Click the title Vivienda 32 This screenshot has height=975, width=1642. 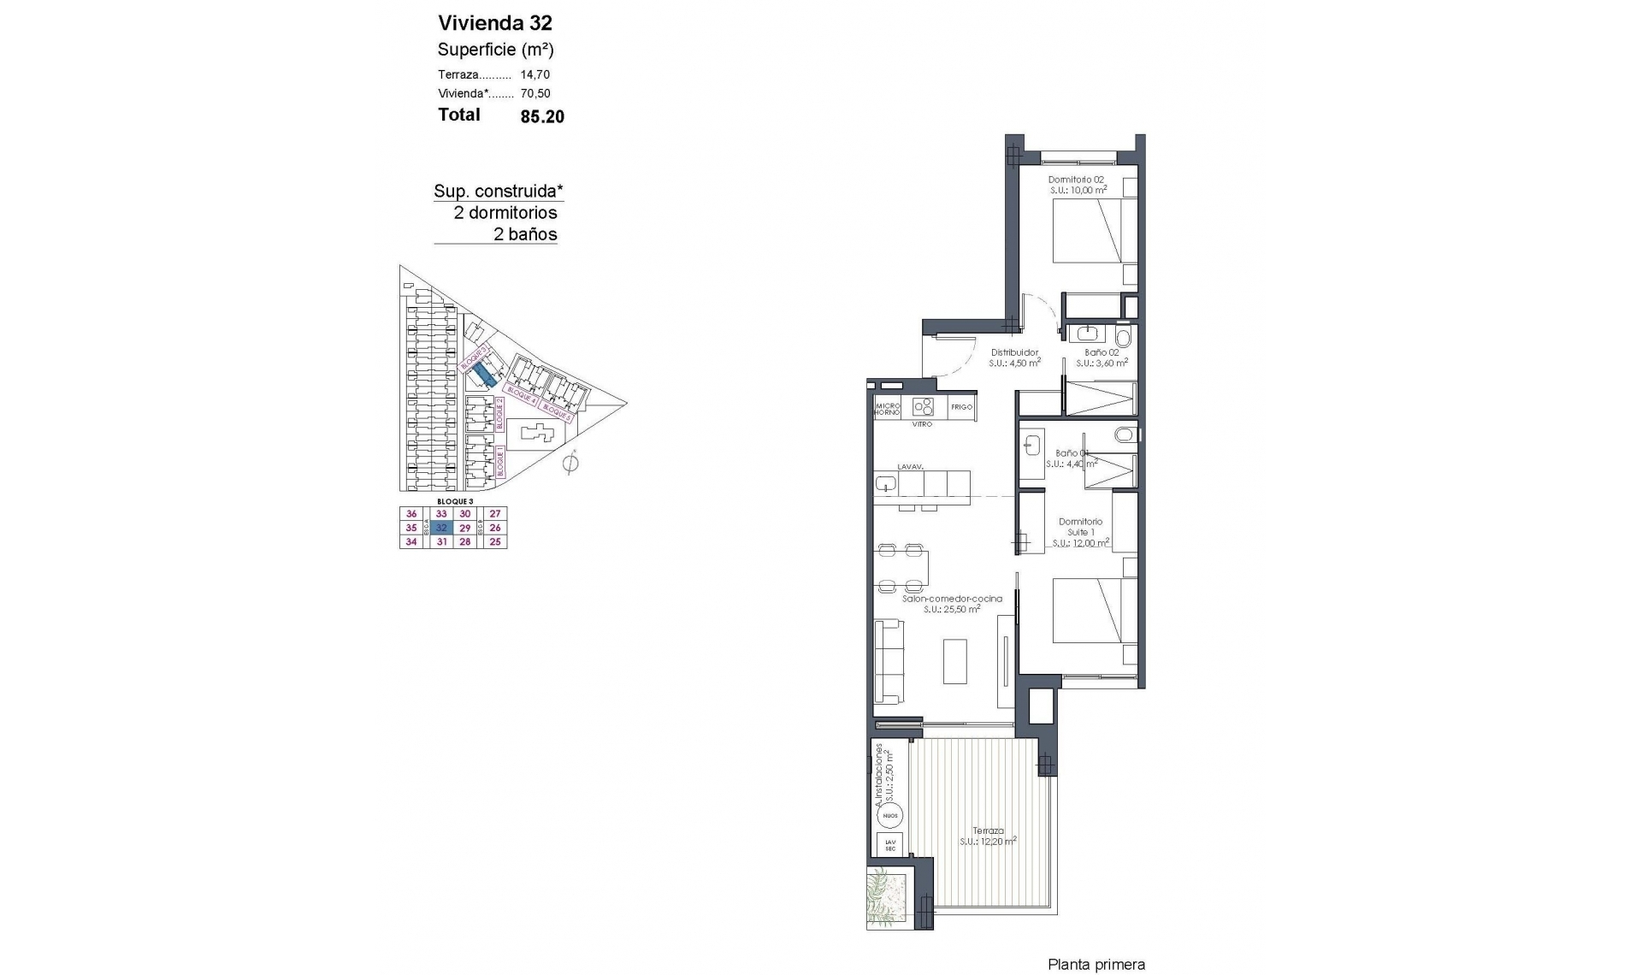coord(495,23)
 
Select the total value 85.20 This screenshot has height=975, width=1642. coord(542,116)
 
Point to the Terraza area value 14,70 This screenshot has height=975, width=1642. coord(535,74)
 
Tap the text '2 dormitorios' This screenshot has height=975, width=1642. coord(505,213)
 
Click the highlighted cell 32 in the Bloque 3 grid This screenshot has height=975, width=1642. coord(441,528)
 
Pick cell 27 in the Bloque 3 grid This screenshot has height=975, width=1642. coord(495,514)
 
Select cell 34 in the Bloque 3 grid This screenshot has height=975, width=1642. coord(411,541)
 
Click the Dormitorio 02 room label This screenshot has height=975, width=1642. coord(1077,180)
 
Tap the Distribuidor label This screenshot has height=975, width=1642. coord(1014,352)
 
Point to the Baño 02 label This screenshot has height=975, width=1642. coord(1102,352)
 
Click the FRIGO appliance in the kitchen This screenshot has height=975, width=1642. coord(961,407)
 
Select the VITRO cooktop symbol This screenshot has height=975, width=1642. coord(922,406)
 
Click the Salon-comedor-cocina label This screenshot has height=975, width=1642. coord(952,599)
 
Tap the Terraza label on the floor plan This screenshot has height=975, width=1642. coord(988,830)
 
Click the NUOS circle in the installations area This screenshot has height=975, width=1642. coord(890,815)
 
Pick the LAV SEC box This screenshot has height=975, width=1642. coord(890,845)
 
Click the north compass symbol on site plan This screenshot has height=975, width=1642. coord(571,464)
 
